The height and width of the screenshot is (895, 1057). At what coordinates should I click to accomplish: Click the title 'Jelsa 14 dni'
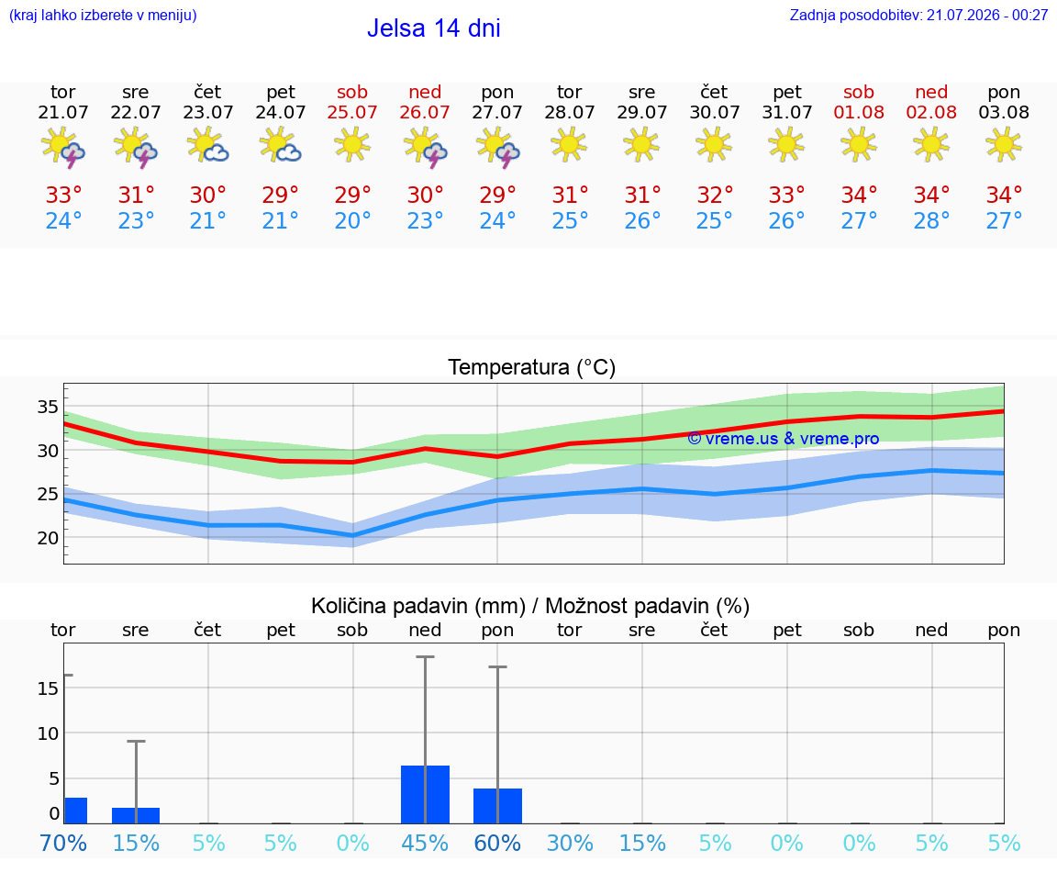(x=433, y=28)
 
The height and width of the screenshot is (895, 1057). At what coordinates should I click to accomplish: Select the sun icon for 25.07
(x=352, y=145)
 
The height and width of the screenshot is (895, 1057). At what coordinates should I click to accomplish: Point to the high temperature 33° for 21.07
(x=63, y=195)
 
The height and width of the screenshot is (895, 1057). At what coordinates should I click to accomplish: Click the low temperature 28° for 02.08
(x=931, y=220)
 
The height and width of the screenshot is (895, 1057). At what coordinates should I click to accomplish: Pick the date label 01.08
(x=859, y=112)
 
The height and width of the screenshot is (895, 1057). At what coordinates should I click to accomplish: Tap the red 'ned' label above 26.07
(x=425, y=92)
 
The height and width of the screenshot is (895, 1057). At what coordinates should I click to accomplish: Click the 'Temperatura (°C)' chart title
(x=532, y=367)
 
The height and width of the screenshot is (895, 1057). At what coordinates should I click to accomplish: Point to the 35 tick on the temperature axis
(x=48, y=407)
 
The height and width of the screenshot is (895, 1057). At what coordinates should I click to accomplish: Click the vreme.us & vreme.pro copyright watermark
(x=784, y=439)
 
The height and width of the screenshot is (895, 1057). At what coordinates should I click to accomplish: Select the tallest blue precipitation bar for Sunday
(x=426, y=795)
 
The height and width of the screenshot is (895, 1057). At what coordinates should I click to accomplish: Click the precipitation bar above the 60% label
(x=497, y=806)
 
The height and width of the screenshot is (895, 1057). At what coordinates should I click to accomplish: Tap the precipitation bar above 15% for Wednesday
(x=136, y=815)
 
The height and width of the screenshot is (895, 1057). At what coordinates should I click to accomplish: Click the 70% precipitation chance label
(x=63, y=843)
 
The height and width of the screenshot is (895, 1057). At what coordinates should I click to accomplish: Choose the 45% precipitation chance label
(x=425, y=843)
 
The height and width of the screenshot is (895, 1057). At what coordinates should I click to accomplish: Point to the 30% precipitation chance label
(x=570, y=843)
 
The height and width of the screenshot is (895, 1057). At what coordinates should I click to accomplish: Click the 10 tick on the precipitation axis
(x=48, y=733)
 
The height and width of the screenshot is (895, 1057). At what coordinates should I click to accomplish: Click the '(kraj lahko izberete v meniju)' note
(x=103, y=15)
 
